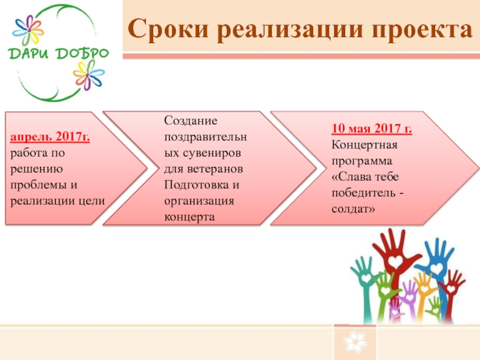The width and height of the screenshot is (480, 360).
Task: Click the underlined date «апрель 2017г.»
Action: click(50, 137)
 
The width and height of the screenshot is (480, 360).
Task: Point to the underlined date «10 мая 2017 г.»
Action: click(371, 128)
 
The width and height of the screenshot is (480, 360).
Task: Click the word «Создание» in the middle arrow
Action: click(190, 121)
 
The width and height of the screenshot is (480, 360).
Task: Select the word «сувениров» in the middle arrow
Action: click(212, 153)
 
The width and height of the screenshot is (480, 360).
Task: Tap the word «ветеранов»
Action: click(215, 169)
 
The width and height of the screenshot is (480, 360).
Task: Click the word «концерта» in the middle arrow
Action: click(189, 217)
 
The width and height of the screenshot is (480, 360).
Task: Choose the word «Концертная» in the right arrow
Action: click(364, 145)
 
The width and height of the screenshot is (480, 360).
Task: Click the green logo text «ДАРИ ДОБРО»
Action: click(58, 53)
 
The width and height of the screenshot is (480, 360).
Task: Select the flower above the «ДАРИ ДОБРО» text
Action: click(28, 30)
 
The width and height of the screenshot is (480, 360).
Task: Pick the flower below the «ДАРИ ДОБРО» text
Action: click(88, 75)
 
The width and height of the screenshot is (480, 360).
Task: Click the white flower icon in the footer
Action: click(355, 341)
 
